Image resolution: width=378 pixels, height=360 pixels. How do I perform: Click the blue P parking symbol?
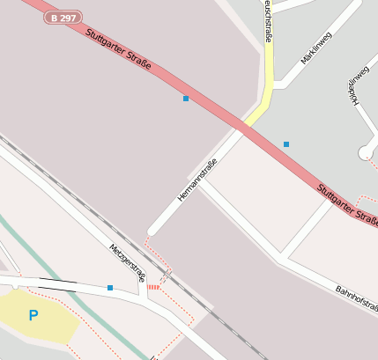(x=33, y=315)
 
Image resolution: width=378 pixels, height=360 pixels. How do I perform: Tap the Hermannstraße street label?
(x=197, y=180)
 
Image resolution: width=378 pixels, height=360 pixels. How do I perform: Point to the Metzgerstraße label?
(x=128, y=262)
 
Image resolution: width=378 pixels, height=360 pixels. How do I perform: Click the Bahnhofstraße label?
(x=356, y=298)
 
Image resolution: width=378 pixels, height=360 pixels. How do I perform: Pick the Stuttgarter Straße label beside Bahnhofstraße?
(x=346, y=203)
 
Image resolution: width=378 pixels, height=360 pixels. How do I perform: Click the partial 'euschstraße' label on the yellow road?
(x=266, y=19)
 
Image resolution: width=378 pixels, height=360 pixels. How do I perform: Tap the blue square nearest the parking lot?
(x=110, y=288)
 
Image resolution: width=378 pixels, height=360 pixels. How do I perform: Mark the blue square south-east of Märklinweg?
(x=285, y=143)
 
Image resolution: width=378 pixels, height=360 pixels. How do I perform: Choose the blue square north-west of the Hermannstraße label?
(x=185, y=99)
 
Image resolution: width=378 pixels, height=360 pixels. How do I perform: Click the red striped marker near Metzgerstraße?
(x=154, y=287)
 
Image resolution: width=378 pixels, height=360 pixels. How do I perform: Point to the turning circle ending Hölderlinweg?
(x=366, y=153)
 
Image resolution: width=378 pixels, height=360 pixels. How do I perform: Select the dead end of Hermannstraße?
(x=152, y=231)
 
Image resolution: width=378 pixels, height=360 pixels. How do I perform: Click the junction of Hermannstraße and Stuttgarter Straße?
(x=241, y=130)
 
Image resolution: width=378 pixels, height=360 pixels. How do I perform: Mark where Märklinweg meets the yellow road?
(x=275, y=85)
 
